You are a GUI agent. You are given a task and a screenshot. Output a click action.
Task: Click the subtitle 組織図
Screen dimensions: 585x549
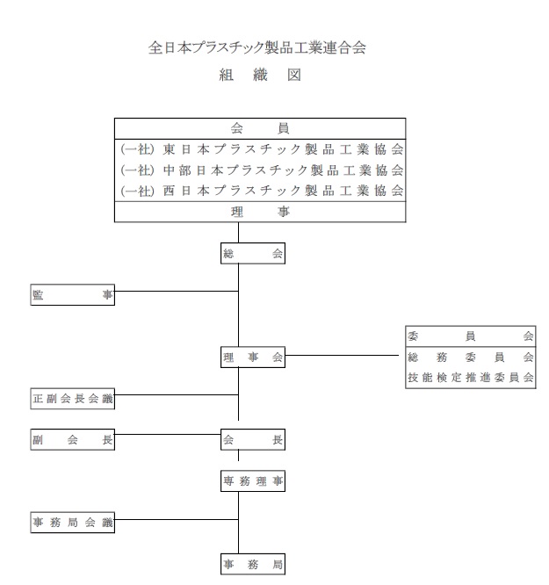(x=259, y=76)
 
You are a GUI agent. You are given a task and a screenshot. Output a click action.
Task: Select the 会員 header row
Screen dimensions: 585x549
(x=259, y=127)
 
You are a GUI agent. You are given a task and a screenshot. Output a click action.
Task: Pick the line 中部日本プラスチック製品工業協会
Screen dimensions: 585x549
(x=261, y=169)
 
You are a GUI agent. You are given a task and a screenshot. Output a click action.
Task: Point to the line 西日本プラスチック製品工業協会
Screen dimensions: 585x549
(x=261, y=190)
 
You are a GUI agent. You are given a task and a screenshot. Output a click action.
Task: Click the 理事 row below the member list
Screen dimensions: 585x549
(x=259, y=212)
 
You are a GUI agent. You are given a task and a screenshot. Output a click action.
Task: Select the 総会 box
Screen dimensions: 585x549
(x=253, y=254)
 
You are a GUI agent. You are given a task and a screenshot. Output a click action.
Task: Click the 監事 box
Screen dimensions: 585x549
(x=72, y=296)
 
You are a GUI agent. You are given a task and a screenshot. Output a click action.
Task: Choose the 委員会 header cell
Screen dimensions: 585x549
(x=470, y=336)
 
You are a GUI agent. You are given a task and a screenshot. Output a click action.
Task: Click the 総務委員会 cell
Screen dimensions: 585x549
(x=470, y=357)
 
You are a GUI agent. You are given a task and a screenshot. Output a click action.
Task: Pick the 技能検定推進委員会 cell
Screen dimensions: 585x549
(x=470, y=378)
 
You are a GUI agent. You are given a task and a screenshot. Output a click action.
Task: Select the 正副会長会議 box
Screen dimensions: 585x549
(x=72, y=400)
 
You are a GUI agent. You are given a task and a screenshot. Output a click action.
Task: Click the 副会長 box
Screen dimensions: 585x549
(x=72, y=441)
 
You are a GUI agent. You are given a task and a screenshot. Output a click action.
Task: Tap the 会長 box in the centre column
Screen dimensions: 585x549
(x=253, y=441)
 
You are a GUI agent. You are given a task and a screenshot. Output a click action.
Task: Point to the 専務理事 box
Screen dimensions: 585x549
(x=253, y=481)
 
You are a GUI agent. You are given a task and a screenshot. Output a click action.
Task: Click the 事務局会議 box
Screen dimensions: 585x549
(x=72, y=523)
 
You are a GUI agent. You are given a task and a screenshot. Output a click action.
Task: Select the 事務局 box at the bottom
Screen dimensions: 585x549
(x=253, y=564)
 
